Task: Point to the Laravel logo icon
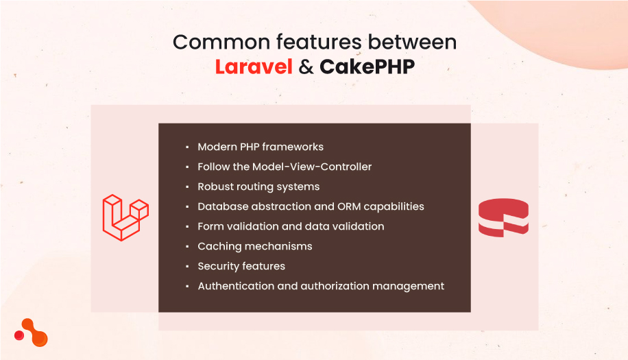pyautogui.click(x=125, y=217)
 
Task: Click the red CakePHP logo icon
pyautogui.click(x=503, y=217)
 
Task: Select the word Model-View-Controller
pyautogui.click(x=312, y=167)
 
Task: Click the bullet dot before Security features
pyautogui.click(x=187, y=267)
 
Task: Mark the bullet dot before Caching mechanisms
pyautogui.click(x=187, y=247)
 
